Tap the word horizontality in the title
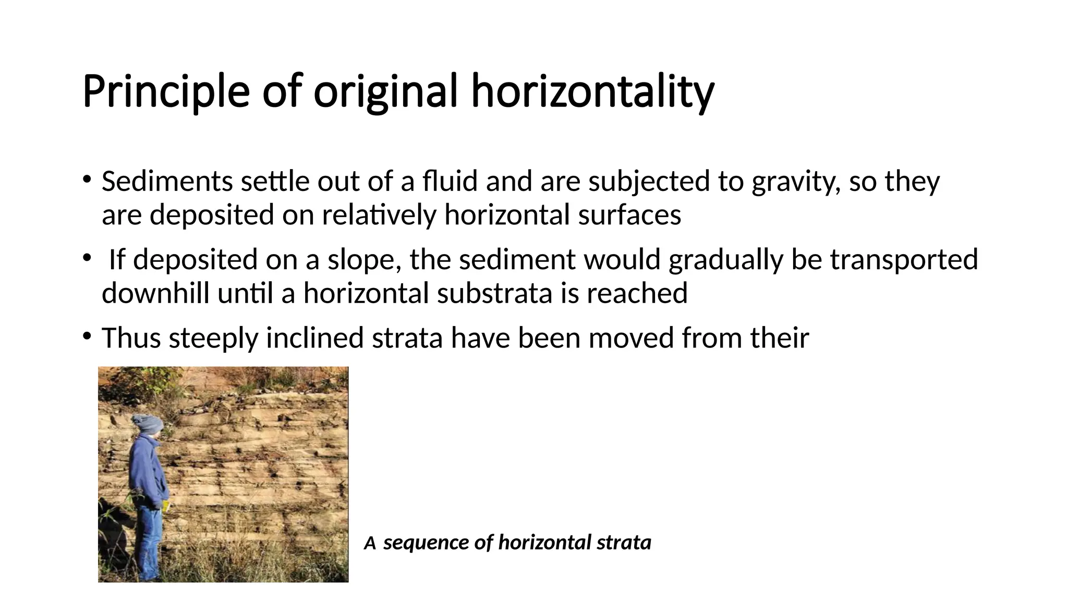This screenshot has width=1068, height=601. pyautogui.click(x=593, y=92)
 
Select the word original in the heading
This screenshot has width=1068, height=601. pyautogui.click(x=386, y=92)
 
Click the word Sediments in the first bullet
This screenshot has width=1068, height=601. pyautogui.click(x=167, y=182)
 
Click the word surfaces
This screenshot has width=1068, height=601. pyautogui.click(x=629, y=215)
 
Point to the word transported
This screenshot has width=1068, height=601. pyautogui.click(x=904, y=260)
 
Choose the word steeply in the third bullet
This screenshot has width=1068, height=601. pyautogui.click(x=213, y=338)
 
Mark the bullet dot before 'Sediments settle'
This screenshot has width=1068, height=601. pyautogui.click(x=87, y=179)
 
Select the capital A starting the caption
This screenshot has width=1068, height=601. pyautogui.click(x=370, y=544)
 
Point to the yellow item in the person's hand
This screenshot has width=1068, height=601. pyautogui.click(x=165, y=507)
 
